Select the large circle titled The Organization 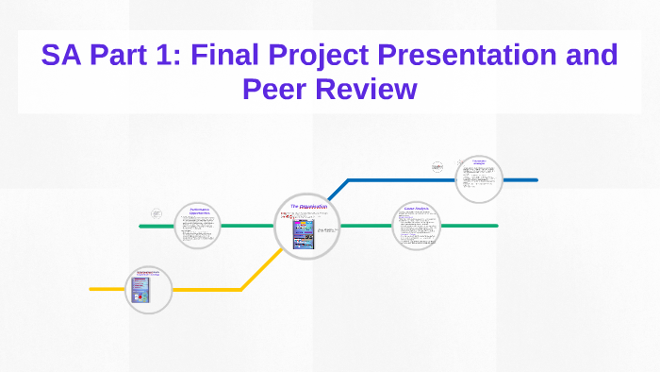pos(307,226)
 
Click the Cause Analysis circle pos(416,226)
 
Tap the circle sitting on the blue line pos(479,178)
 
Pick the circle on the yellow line pos(149,289)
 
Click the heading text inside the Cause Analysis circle pos(416,208)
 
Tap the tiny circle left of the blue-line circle pos(437,166)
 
